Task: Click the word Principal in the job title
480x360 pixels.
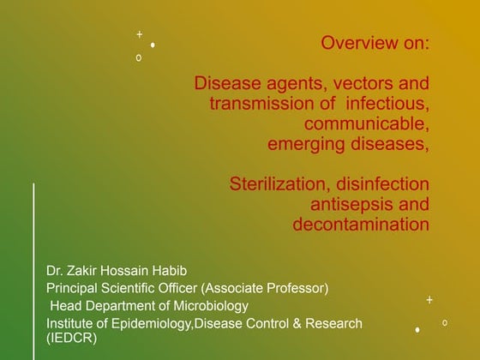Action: (x=75, y=288)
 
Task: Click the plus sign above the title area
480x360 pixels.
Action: (x=139, y=34)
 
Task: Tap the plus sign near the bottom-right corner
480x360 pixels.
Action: (x=429, y=300)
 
